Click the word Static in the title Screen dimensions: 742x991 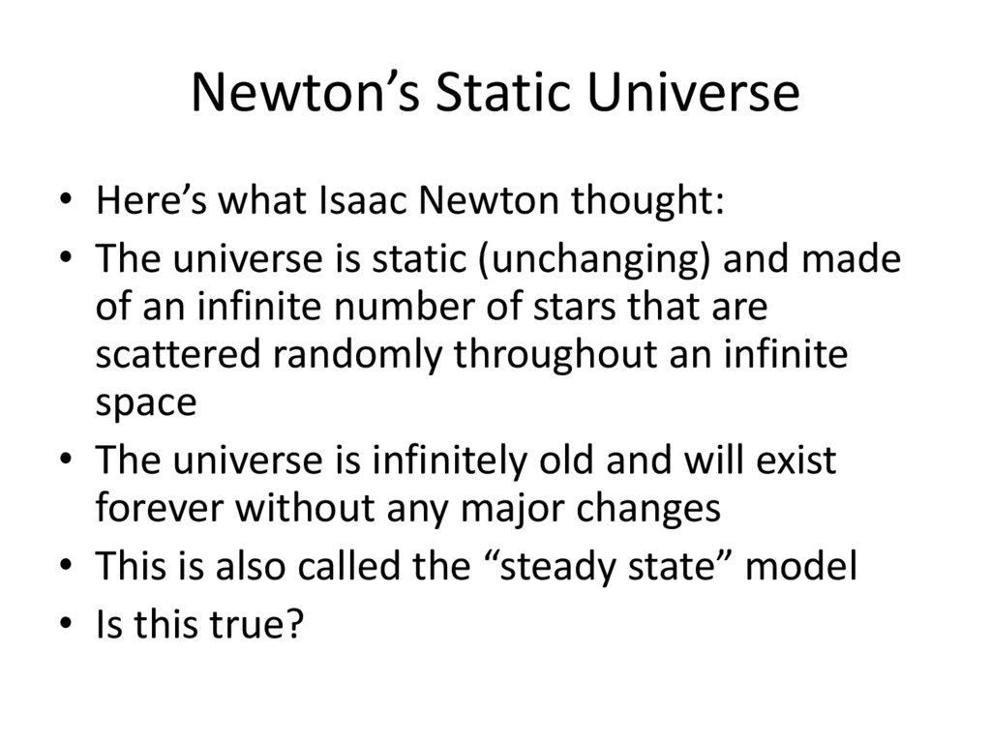coord(513,94)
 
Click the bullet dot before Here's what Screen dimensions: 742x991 coord(65,205)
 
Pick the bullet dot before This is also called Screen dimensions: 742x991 coord(65,569)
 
